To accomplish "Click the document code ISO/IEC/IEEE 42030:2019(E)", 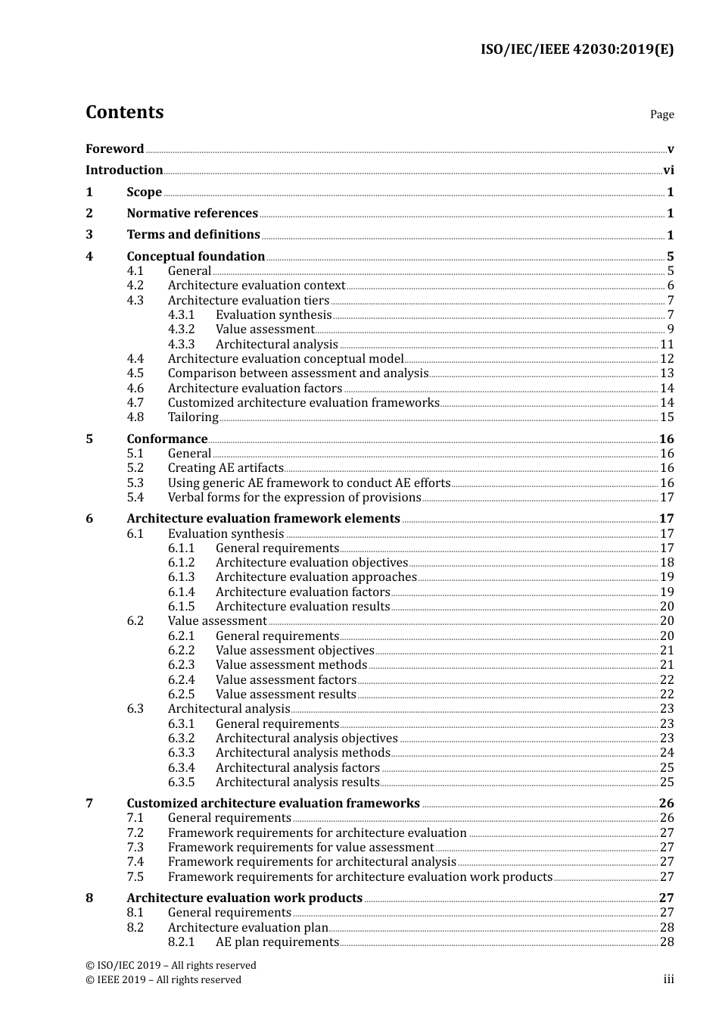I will coord(577,50).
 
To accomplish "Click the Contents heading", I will coord(124,112).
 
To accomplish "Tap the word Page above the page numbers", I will coord(661,114).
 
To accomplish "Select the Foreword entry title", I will coord(114,149).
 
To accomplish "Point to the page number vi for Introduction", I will coord(668,170).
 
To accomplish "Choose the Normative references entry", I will coord(192,214).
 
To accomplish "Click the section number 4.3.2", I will coord(181,329).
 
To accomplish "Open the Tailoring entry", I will coord(193,417).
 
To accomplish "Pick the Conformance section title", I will coord(167,439).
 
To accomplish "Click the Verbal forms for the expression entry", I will coord(294,498).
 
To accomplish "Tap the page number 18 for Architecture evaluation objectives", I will coord(667,563).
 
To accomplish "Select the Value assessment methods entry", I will coord(291,665).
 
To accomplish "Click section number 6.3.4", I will coord(181,768).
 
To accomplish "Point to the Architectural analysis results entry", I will coord(297,782).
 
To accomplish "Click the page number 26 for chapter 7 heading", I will coord(666,804).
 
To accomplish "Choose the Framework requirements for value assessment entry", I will coord(300,848).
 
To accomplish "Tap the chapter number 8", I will coord(89,898).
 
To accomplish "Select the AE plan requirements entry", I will coord(277,942).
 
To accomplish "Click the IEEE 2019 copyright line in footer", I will coord(163,980).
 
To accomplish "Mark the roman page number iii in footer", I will coord(668,980).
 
